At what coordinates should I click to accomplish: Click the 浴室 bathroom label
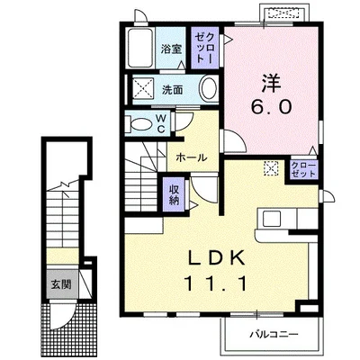coord(172,50)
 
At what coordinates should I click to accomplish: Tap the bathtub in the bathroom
coord(141,49)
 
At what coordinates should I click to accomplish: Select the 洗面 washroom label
coord(172,90)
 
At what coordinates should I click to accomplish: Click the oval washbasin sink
coord(207,89)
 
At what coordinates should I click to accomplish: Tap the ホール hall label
coord(192,157)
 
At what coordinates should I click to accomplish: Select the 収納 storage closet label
coord(175,194)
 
